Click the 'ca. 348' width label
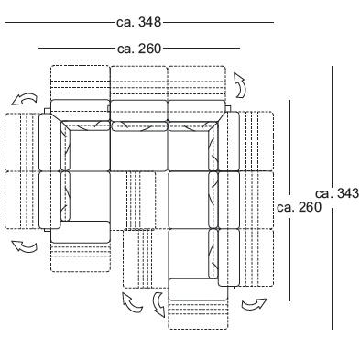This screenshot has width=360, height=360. click(x=138, y=22)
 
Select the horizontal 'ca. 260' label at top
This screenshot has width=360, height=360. click(x=139, y=49)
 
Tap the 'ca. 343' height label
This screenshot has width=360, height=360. click(x=337, y=193)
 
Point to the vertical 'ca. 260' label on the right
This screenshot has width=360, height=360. click(x=299, y=207)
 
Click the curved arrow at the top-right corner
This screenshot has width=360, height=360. click(x=240, y=85)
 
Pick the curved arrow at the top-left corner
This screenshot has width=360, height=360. click(x=25, y=99)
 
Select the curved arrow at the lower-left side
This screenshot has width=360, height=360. click(x=25, y=246)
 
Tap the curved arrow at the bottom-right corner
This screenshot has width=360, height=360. click(x=255, y=304)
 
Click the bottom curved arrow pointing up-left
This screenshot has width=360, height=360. click(x=132, y=302)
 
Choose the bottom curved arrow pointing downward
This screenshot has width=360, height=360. click(x=158, y=304)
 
